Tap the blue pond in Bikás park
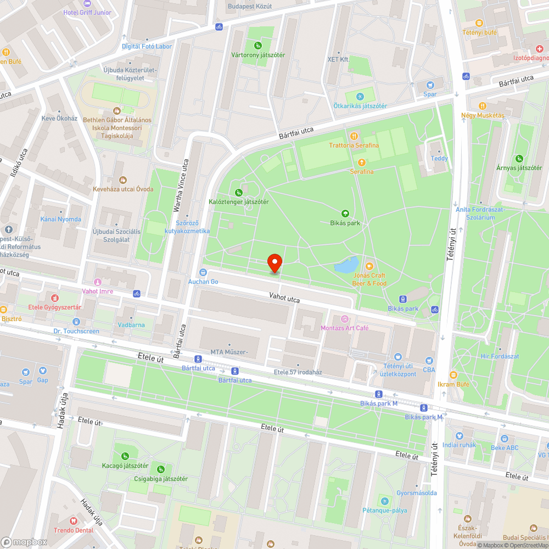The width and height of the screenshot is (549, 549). pos(346,266)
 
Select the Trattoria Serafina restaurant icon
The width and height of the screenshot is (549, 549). pos(354,136)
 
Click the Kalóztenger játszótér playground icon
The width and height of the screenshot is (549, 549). pos(238,192)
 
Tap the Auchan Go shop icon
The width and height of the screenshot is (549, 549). pos(203,272)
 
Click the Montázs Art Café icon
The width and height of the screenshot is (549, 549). pos(345,318)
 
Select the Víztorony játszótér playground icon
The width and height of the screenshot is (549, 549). pos(257,46)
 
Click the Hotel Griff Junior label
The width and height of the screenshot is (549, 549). pos(87,12)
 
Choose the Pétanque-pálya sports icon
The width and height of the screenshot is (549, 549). pos(384,501)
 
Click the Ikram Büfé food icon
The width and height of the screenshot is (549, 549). pos(453,374)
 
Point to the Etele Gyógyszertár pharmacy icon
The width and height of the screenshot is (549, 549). pos(54,298)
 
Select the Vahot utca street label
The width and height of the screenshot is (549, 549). pos(284,298)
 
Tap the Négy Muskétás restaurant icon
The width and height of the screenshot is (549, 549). pos(482,105)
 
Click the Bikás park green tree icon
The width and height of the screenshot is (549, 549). pos(345,214)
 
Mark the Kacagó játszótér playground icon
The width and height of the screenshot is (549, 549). pos(125,456)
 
